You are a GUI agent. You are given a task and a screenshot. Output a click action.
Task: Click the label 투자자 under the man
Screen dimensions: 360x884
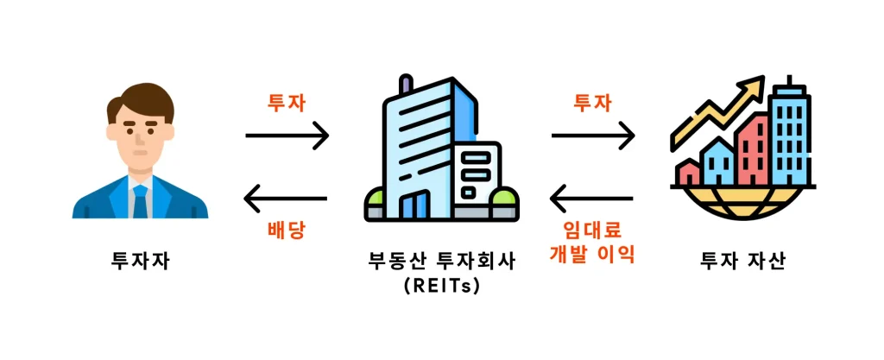(x=141, y=260)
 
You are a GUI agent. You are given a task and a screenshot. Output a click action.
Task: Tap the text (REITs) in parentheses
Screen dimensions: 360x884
(x=441, y=286)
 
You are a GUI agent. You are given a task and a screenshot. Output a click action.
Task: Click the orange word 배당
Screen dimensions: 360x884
(x=287, y=231)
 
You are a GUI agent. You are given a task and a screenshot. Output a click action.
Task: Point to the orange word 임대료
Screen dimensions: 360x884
(x=591, y=231)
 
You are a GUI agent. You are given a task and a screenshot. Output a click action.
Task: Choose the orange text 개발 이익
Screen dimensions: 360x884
(x=591, y=255)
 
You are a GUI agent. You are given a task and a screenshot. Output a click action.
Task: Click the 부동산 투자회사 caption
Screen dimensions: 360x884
(x=441, y=260)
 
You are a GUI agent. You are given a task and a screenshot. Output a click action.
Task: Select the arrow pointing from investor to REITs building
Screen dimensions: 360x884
(x=287, y=136)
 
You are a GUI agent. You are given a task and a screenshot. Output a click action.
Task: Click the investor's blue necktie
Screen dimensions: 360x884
(x=140, y=201)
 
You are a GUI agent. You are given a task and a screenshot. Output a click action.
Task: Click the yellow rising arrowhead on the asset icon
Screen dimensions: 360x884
(x=755, y=85)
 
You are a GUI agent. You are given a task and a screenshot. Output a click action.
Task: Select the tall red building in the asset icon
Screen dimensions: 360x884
(x=751, y=150)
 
